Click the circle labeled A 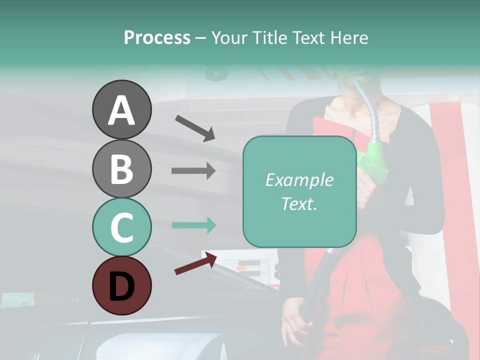pyautogui.click(x=121, y=109)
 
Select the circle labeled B pyautogui.click(x=121, y=168)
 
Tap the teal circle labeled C pyautogui.click(x=121, y=227)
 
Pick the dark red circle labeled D pyautogui.click(x=121, y=285)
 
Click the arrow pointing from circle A pyautogui.click(x=195, y=127)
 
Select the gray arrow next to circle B pyautogui.click(x=193, y=170)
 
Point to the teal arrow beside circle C pyautogui.click(x=193, y=225)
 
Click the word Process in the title pyautogui.click(x=157, y=37)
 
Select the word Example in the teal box pyautogui.click(x=299, y=180)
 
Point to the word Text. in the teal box pyautogui.click(x=299, y=203)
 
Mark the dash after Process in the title pyautogui.click(x=200, y=38)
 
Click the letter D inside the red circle pyautogui.click(x=121, y=286)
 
